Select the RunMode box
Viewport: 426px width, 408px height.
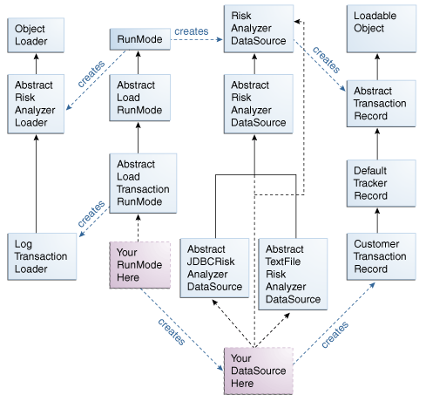pyautogui.click(x=137, y=40)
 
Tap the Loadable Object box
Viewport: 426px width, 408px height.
pyautogui.click(x=377, y=27)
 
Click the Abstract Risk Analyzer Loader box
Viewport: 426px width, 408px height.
pyautogui.click(x=36, y=104)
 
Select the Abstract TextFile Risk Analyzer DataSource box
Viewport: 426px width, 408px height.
pyautogui.click(x=294, y=275)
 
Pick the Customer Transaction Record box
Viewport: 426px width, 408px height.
pyautogui.click(x=377, y=257)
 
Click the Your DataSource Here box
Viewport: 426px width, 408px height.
pyautogui.click(x=259, y=371)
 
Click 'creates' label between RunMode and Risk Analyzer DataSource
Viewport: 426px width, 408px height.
pyautogui.click(x=192, y=31)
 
